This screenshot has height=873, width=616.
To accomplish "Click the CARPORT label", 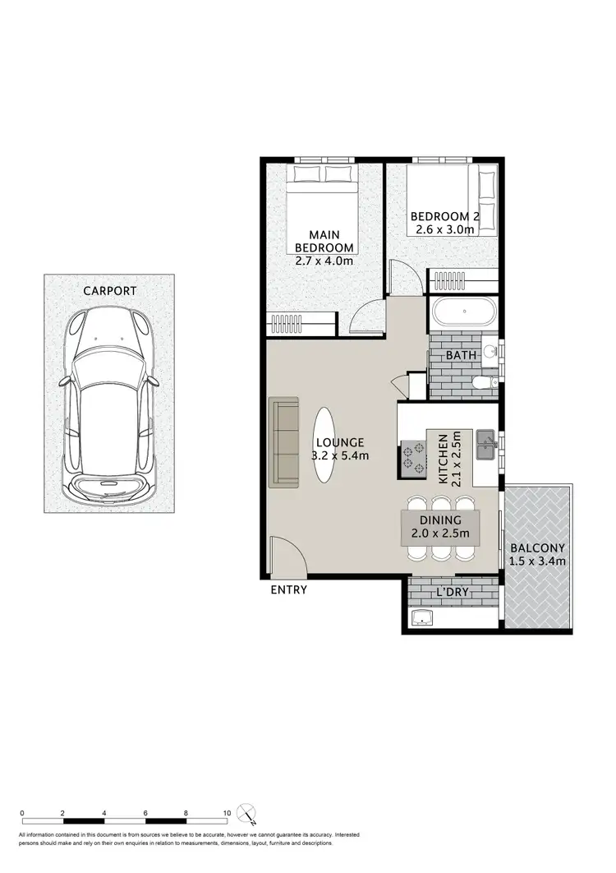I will (108, 291).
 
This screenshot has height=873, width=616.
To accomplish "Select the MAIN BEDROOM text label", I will (324, 240).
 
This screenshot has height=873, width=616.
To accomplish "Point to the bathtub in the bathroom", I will (464, 312).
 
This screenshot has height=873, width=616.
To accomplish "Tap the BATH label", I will (462, 356).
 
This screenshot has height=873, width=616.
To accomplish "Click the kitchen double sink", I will (487, 445).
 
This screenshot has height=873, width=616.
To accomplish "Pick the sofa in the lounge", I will (285, 442).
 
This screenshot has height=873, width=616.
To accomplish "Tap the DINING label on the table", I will (441, 520).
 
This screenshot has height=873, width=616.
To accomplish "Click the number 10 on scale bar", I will (227, 813).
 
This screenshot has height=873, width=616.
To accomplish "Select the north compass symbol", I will (247, 815).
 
